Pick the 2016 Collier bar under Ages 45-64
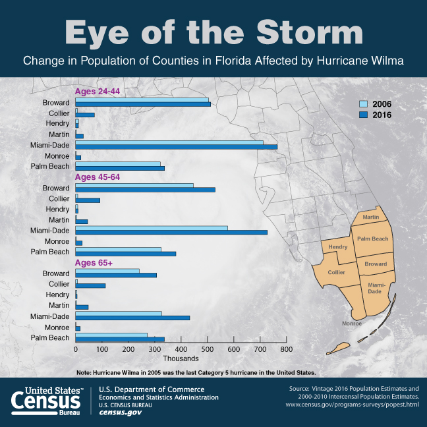(x=88, y=200)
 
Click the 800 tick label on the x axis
(x=286, y=349)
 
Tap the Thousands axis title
(x=181, y=359)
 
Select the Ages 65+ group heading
(x=94, y=263)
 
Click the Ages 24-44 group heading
(x=98, y=91)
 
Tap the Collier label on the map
(x=336, y=272)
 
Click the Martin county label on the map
(x=370, y=217)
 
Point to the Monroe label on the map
(x=352, y=324)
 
